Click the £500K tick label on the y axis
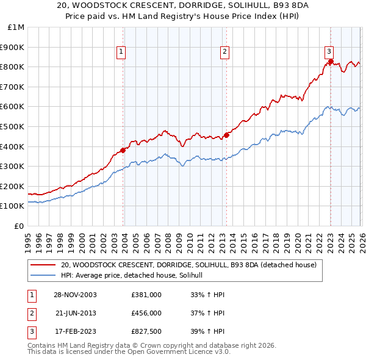(x=12, y=126)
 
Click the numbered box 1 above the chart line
(x=122, y=52)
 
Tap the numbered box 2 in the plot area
(x=224, y=52)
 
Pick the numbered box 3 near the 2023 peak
(x=329, y=52)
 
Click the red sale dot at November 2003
(x=123, y=149)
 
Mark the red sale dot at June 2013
(x=226, y=135)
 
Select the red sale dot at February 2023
(x=331, y=61)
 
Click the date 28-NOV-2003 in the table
(x=75, y=295)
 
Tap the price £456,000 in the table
(x=146, y=312)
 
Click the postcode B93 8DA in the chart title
(x=240, y=6)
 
